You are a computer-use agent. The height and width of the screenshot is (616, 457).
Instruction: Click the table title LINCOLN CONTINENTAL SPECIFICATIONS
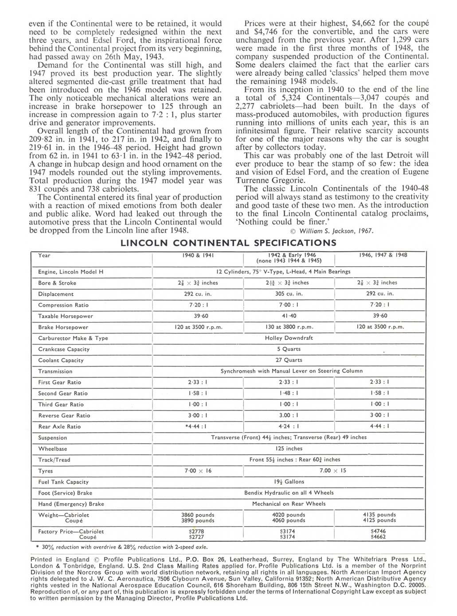pyautogui.click(x=228, y=243)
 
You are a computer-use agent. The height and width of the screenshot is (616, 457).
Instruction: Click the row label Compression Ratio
pyautogui.click(x=63, y=305)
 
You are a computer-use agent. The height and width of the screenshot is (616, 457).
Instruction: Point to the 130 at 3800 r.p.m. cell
pyautogui.click(x=289, y=327)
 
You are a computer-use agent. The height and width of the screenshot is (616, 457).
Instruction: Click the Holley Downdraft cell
pyautogui.click(x=289, y=338)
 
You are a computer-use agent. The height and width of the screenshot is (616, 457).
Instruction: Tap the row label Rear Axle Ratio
pyautogui.click(x=59, y=426)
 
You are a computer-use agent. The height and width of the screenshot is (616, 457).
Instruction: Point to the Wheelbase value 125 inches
pyautogui.click(x=289, y=449)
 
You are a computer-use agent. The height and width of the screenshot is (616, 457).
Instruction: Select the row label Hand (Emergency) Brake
pyautogui.click(x=71, y=504)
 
